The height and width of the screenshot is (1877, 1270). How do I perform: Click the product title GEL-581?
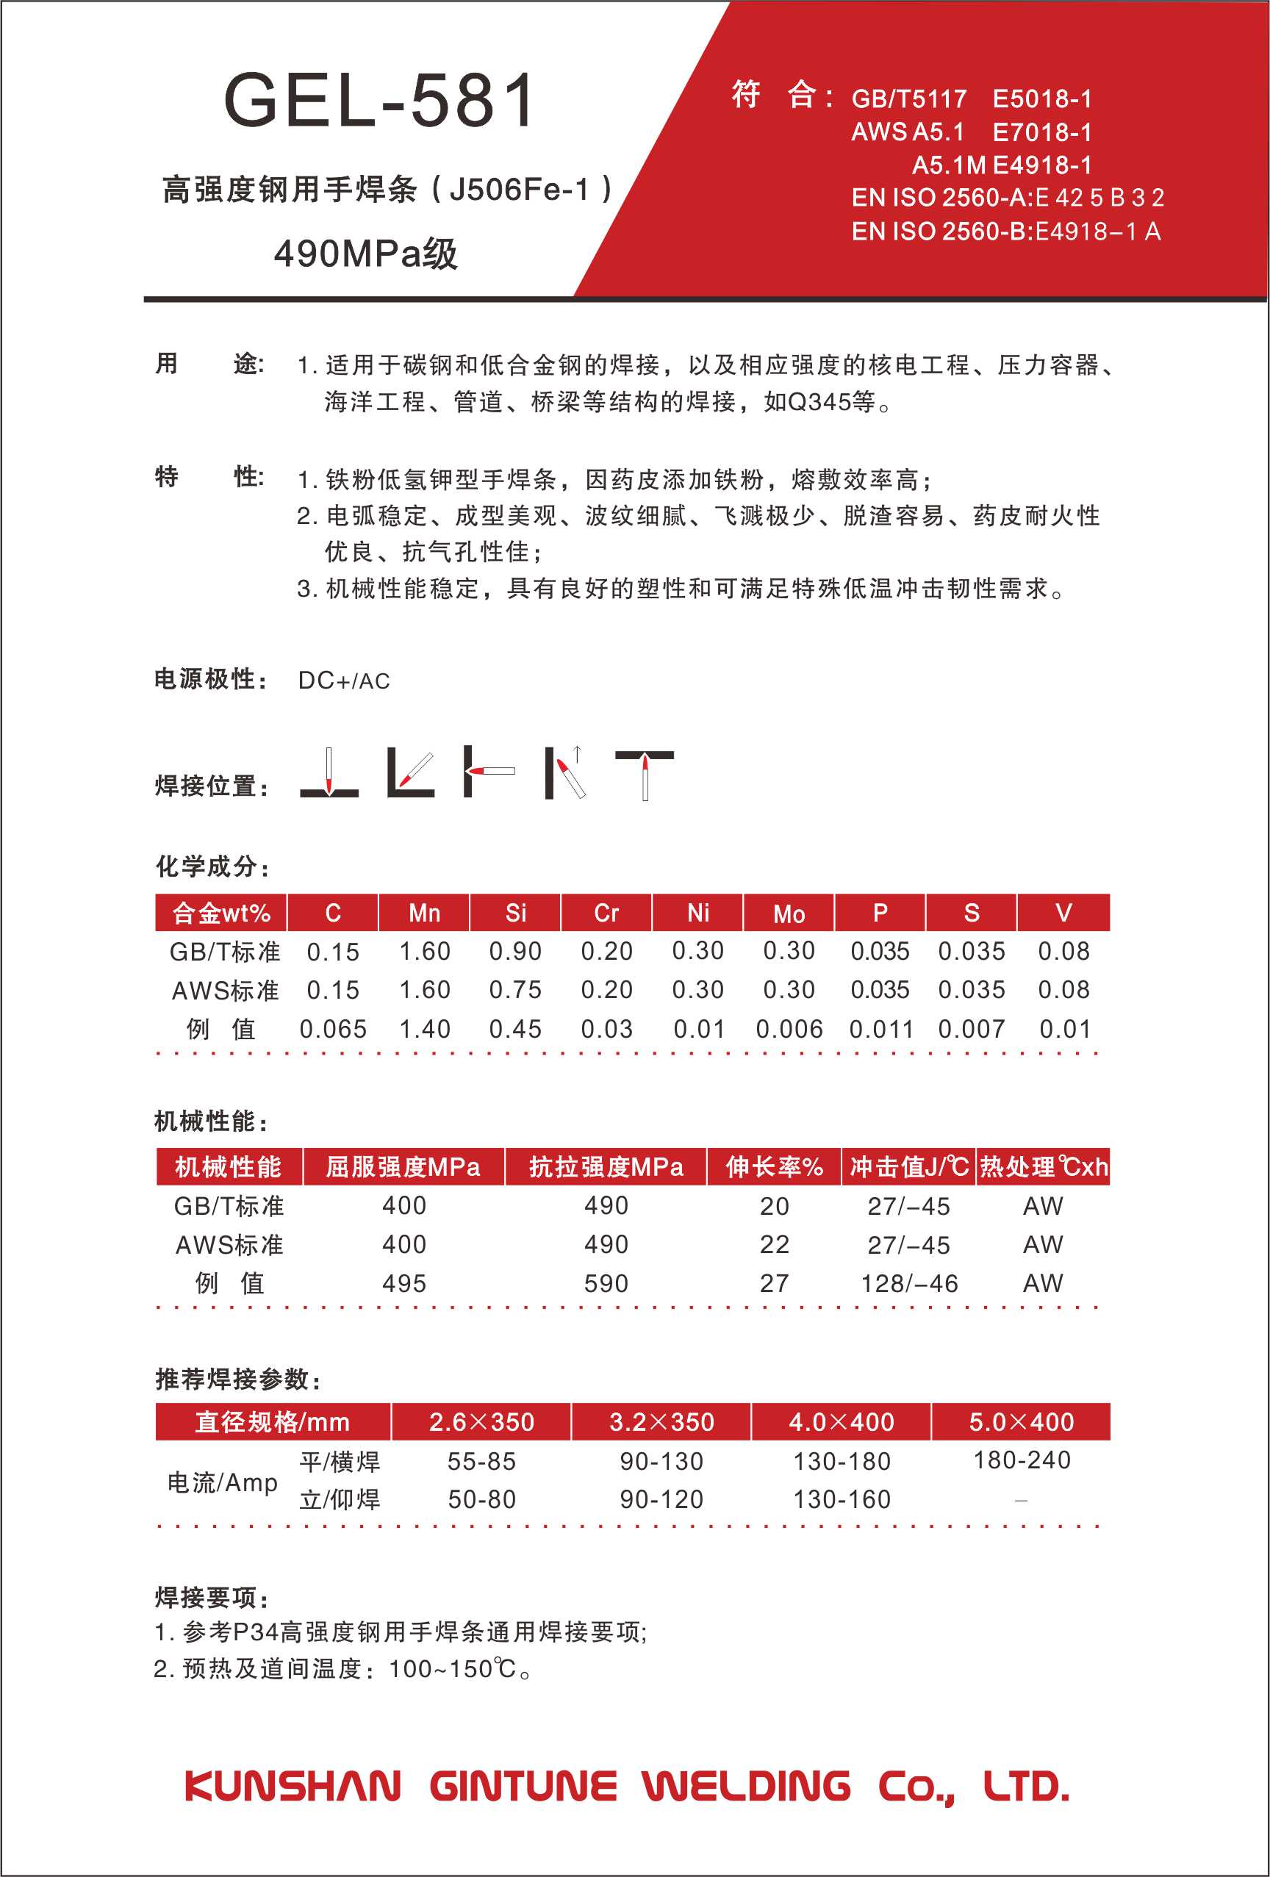379,100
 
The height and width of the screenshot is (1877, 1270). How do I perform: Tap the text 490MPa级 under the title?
366,254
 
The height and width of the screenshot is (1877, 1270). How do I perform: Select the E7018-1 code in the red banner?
1042,132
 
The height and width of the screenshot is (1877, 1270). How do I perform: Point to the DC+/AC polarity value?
343,681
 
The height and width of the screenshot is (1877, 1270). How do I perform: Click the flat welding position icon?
329,774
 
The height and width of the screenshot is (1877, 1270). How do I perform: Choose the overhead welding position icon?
645,775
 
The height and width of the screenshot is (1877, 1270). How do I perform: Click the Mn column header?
424,914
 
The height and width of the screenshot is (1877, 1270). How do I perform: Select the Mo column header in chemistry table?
789,914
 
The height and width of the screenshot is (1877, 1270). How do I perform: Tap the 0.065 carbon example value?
333,1030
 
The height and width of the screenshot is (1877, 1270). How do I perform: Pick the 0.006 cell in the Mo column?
789,1030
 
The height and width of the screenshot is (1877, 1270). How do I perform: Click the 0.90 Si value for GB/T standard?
515,952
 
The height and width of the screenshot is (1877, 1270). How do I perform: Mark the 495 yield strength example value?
404,1283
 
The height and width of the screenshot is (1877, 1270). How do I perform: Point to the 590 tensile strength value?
606,1283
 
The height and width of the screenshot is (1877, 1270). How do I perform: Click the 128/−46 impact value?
909,1283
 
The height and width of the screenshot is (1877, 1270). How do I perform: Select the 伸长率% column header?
774,1167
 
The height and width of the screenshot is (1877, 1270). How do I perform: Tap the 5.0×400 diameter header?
1021,1421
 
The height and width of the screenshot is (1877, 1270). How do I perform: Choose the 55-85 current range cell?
481,1461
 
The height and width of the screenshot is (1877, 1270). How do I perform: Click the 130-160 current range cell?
842,1499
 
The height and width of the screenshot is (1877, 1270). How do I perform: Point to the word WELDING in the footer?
747,1786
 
